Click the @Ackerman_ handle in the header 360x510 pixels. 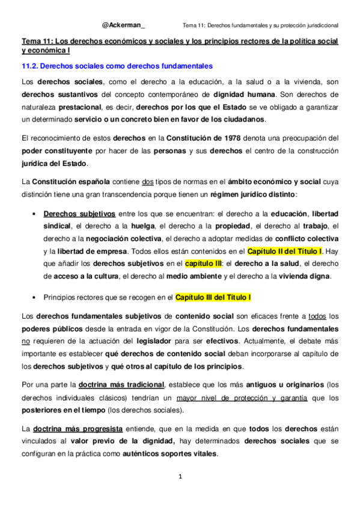pyautogui.click(x=123, y=25)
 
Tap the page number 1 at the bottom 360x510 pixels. pyautogui.click(x=179, y=477)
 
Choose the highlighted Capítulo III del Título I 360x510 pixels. pyautogui.click(x=213, y=297)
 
